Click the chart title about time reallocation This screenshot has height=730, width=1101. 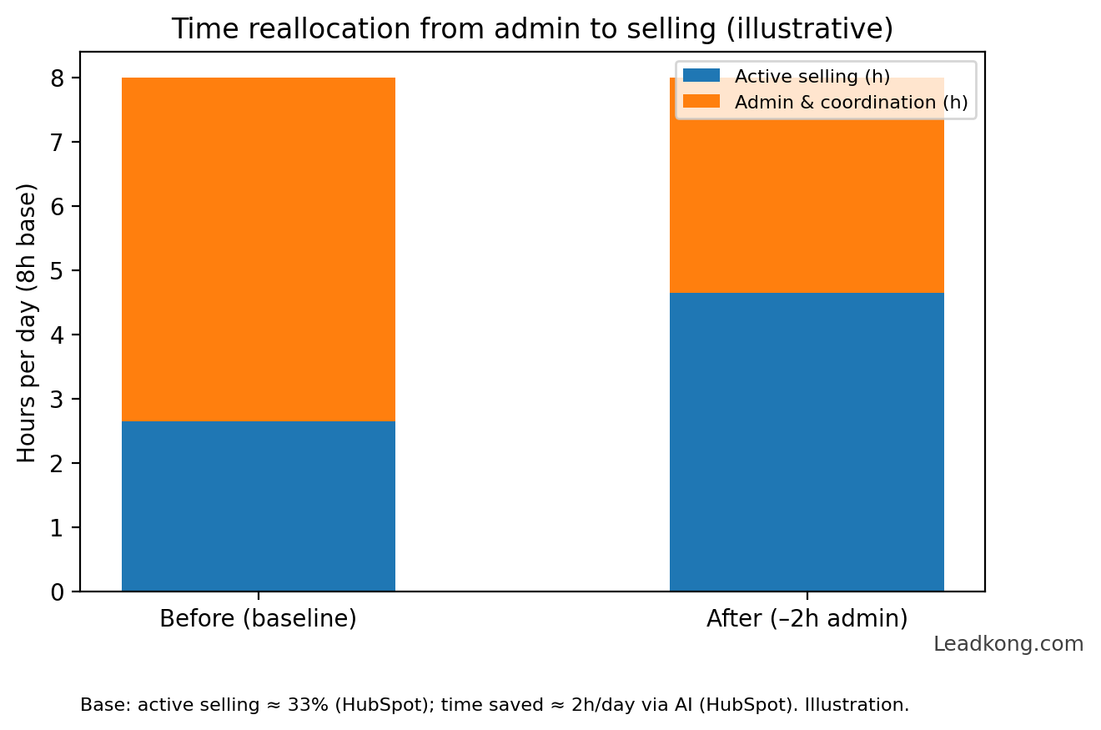coord(532,30)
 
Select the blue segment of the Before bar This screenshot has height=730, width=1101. coord(258,506)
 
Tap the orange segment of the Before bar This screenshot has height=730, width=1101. coord(258,249)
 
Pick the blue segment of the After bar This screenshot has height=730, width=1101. coord(807,442)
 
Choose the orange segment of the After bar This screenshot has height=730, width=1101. coord(807,209)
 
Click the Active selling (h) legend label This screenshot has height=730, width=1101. coord(812,77)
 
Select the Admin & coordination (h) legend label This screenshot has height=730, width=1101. coord(851,103)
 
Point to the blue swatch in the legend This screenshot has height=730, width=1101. coord(701,76)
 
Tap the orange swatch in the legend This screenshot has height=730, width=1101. coord(701,102)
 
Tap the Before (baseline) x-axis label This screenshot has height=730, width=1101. coord(258,619)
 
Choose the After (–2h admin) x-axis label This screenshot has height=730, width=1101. coord(807,619)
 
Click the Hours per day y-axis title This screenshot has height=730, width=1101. coord(28,323)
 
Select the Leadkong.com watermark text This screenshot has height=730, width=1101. coord(1008,644)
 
